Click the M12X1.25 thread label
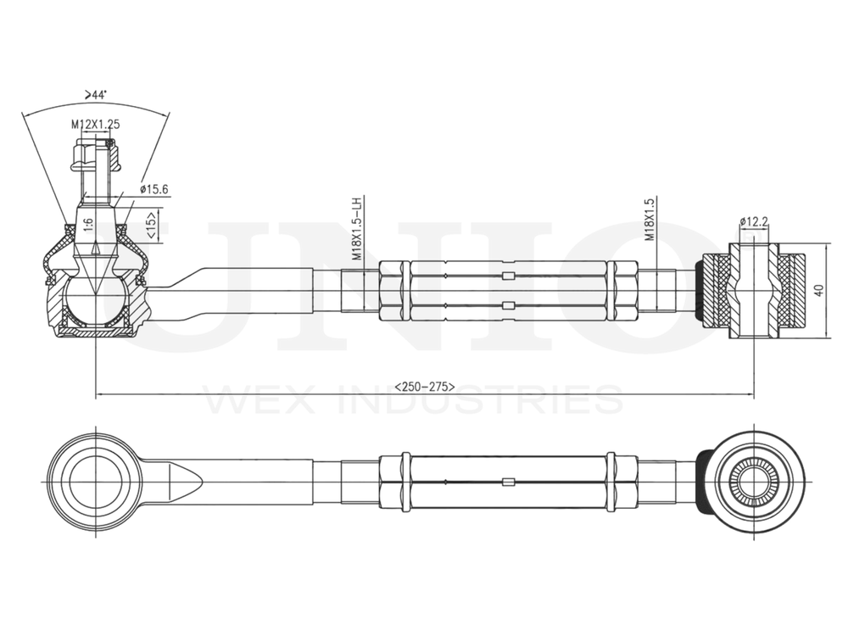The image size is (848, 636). pos(95,124)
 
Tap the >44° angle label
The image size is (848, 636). pos(95,96)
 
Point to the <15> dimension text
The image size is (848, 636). pos(150,226)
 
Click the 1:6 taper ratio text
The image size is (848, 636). pos(87,226)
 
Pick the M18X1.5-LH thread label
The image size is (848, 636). pos(357,229)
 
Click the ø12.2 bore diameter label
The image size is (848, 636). pos(754,222)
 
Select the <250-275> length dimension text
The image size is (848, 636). pos(424,387)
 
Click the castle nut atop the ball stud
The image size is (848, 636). pos(95,155)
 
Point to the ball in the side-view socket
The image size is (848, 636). pos(95,297)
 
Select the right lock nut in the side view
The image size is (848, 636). pos(622,290)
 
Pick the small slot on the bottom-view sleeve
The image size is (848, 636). pos(508,483)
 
